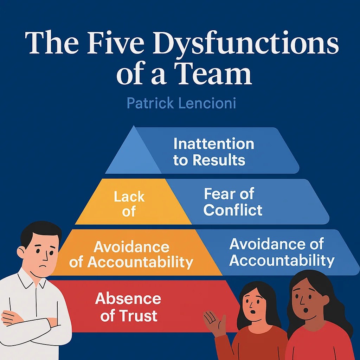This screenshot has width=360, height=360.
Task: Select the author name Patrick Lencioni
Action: point(181,103)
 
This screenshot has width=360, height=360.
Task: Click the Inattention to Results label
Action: point(213,152)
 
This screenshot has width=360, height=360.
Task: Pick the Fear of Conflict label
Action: point(232,202)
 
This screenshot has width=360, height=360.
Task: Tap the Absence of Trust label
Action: point(128,307)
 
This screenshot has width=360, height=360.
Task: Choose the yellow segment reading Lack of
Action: point(129,204)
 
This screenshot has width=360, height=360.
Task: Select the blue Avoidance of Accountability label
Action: point(282,252)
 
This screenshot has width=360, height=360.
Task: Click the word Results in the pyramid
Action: point(218,160)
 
